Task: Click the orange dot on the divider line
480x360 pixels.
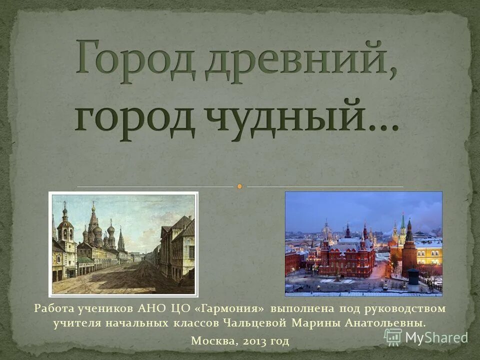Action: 239,186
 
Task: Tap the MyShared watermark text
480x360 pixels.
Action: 436,337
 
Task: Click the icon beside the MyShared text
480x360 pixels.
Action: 393,337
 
